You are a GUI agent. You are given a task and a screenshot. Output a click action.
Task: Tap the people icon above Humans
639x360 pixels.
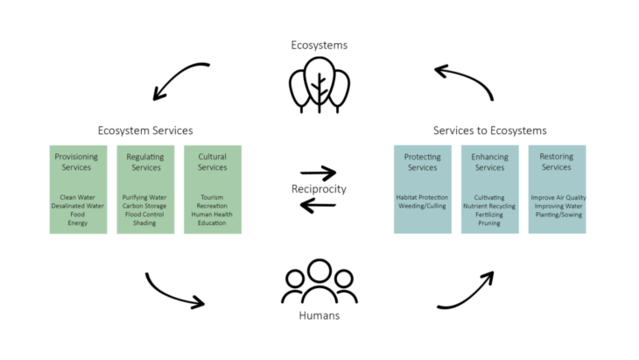click(x=319, y=282)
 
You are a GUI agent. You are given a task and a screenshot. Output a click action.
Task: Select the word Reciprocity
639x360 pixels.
click(x=319, y=189)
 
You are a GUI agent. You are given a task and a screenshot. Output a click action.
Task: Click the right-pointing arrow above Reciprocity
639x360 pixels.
click(x=318, y=173)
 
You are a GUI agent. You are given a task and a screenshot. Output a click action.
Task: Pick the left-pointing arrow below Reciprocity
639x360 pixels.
click(x=318, y=206)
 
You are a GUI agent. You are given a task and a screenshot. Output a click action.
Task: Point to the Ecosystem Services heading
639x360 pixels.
click(x=145, y=131)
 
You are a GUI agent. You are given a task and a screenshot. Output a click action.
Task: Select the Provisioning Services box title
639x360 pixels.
click(x=76, y=162)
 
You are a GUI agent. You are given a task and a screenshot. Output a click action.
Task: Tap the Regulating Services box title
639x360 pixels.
click(x=144, y=162)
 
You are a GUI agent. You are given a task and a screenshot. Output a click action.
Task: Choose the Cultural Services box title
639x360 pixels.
click(x=212, y=162)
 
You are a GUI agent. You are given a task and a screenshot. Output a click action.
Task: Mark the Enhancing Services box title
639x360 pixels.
click(x=489, y=162)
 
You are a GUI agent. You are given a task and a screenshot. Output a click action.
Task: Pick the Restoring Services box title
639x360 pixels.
click(x=557, y=162)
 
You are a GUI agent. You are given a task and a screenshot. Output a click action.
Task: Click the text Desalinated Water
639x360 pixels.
click(x=76, y=206)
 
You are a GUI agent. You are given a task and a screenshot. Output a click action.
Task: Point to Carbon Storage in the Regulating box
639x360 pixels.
click(x=144, y=206)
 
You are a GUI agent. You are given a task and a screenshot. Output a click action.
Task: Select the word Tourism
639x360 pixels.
click(x=212, y=198)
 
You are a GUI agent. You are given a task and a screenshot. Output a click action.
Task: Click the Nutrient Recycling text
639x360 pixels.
click(x=489, y=206)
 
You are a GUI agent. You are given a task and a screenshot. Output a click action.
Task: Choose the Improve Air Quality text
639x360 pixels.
click(x=557, y=198)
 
